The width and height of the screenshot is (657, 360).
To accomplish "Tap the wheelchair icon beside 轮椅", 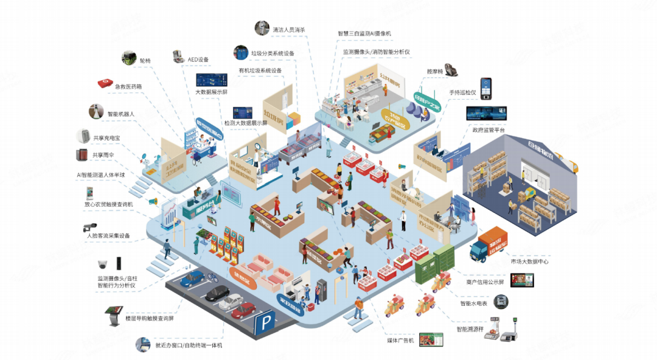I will [128, 58].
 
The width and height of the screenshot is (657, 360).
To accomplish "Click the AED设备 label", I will [198, 59].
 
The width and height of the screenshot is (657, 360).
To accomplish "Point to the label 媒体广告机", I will [400, 339].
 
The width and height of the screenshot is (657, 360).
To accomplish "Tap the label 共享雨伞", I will [103, 154].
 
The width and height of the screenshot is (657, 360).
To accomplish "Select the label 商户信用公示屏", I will [480, 282].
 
